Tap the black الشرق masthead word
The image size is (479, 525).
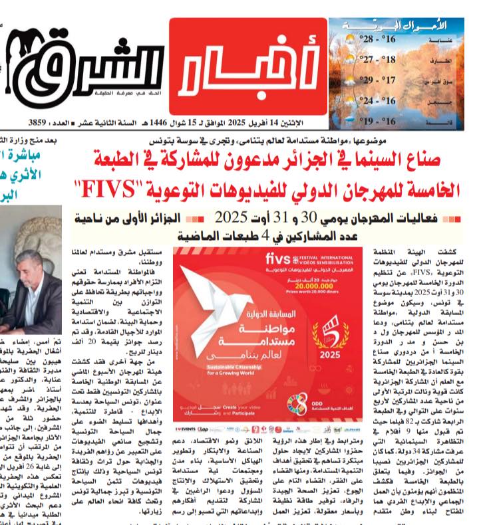click(x=86, y=67)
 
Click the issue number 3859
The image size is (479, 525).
click(x=41, y=123)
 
